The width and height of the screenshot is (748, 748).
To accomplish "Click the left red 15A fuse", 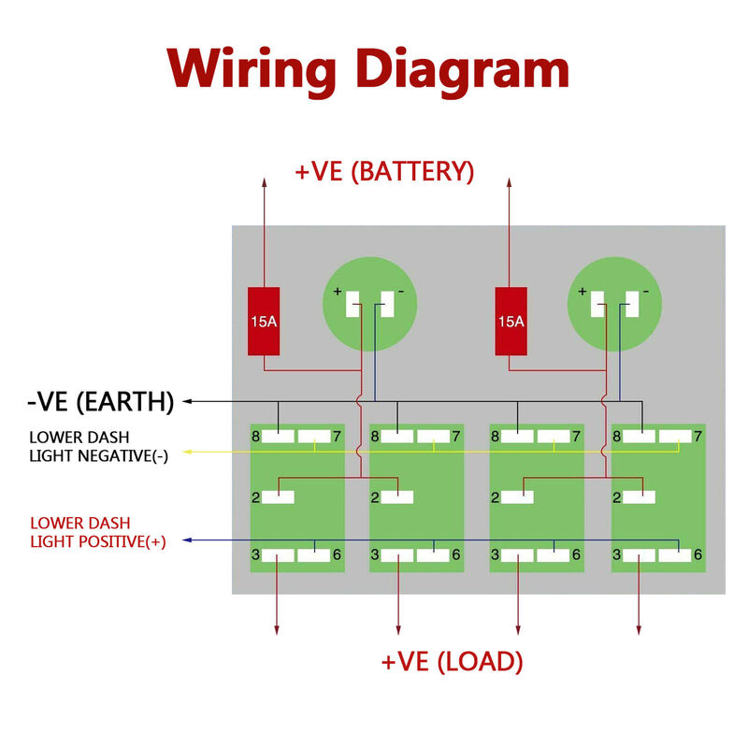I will click(x=264, y=322).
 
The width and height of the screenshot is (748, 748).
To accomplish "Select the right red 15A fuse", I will click(x=511, y=322).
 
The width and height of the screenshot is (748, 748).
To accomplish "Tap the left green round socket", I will click(x=367, y=305).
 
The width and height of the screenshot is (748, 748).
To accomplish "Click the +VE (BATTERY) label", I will click(x=384, y=172).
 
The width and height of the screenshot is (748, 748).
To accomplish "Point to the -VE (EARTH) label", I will click(x=101, y=402).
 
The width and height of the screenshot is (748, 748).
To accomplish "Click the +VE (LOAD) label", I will click(x=452, y=662).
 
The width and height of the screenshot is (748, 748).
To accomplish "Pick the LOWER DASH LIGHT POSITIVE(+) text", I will click(x=97, y=532).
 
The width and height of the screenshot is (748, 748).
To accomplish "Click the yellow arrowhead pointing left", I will click(x=188, y=452).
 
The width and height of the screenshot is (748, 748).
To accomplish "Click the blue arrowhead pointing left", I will click(x=188, y=540).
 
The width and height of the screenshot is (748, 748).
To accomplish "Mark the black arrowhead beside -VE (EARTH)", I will click(x=187, y=401).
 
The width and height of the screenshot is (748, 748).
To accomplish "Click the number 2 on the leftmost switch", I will click(x=255, y=497).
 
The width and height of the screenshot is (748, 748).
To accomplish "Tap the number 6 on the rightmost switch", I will click(x=698, y=554).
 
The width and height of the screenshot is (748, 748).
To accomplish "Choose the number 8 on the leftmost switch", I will click(x=255, y=436).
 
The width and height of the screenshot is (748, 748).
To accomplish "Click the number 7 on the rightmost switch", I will click(x=698, y=436).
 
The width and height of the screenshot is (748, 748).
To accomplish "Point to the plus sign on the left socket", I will click(x=338, y=292).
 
